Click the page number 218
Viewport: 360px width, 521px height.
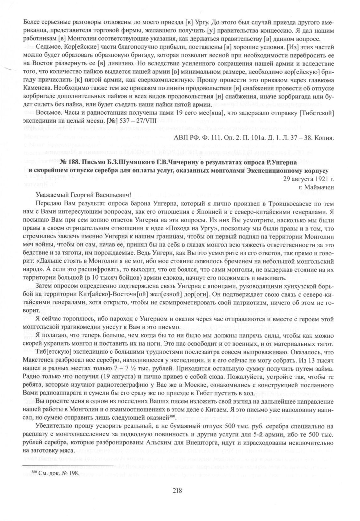[x=177, y=491]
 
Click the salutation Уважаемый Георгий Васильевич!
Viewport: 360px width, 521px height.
[x=83, y=195]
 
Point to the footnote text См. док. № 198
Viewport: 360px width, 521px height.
[x=54, y=474]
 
